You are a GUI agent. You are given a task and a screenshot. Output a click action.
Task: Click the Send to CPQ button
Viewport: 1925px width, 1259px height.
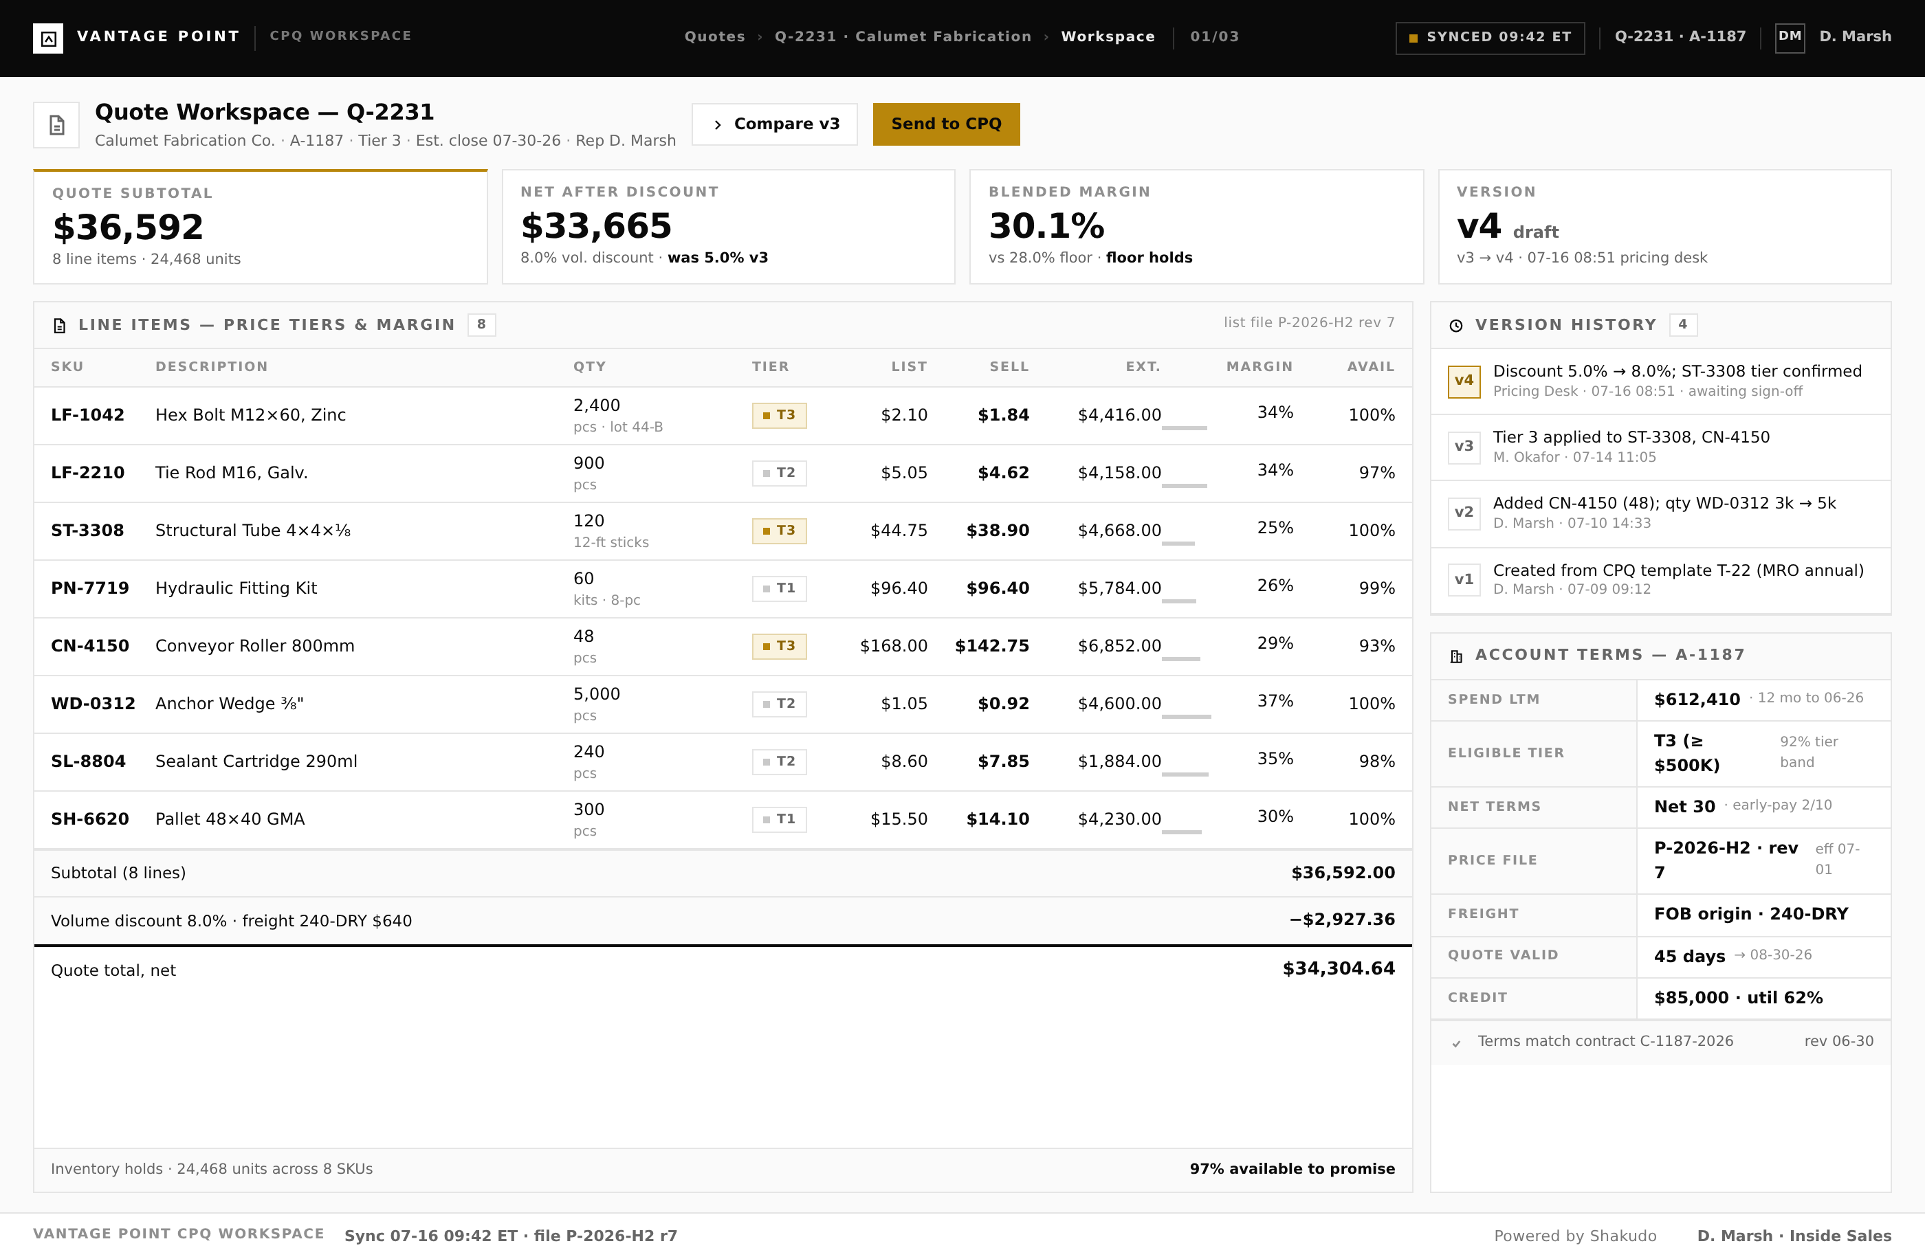[x=945, y=124]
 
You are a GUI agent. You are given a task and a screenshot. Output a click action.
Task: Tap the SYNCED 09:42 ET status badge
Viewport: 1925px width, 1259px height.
[x=1490, y=37]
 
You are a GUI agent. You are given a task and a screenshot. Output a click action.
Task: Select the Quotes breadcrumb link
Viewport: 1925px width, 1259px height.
[x=714, y=36]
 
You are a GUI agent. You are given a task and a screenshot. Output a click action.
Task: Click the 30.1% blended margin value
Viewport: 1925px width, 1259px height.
[x=1046, y=225]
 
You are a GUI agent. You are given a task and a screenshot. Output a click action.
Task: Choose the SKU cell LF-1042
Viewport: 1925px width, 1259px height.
[x=87, y=415]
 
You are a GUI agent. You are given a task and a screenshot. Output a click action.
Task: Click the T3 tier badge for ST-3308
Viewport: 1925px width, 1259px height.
[x=779, y=531]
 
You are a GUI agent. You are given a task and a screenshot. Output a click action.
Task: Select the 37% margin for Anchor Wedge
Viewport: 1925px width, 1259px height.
[x=1275, y=701]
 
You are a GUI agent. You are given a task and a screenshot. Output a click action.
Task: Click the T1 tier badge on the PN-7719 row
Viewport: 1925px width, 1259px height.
[x=779, y=588]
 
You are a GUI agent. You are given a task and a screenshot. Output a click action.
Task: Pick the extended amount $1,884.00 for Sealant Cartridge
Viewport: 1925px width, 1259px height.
[x=1119, y=761]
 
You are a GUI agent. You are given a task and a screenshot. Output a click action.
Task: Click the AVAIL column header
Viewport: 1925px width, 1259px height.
[x=1370, y=367]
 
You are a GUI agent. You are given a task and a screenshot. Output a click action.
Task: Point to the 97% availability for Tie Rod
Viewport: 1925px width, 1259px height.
[x=1376, y=472]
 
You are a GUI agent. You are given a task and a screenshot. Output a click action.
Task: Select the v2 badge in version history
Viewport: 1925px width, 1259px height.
[x=1464, y=513]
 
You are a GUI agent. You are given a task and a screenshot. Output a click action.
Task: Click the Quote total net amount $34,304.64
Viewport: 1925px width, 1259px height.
[x=1339, y=969]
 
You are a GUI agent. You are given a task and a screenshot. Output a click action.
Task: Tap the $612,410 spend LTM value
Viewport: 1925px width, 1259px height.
[x=1697, y=700]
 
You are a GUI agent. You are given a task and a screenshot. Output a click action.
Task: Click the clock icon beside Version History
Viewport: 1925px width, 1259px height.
[x=1456, y=325]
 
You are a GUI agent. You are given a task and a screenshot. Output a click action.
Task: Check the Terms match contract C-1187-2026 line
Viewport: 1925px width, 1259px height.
[x=1605, y=1041]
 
